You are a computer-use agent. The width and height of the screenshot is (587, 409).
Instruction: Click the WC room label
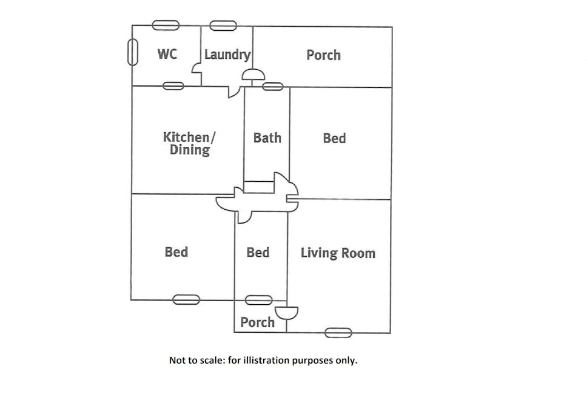167,54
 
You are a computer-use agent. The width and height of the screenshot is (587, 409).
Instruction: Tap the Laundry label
227,55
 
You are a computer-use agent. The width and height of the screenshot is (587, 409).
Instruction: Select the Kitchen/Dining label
189,143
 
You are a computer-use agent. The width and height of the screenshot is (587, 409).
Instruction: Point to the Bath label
267,138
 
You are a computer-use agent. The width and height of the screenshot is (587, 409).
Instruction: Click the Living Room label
338,253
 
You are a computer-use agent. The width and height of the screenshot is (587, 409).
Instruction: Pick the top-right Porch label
323,55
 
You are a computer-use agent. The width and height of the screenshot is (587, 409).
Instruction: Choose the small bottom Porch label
257,322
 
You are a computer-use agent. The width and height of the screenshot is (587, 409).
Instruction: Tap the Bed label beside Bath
334,138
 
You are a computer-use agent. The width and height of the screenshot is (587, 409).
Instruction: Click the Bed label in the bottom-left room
176,251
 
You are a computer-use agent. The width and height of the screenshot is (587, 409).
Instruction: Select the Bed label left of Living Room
258,252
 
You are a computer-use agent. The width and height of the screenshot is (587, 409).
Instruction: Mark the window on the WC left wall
132,52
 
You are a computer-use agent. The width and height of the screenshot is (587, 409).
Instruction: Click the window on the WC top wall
166,25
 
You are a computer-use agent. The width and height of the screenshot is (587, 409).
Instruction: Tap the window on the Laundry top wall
223,25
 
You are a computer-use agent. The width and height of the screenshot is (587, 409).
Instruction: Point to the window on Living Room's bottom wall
338,332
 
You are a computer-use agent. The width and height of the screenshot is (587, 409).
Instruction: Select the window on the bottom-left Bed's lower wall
186,299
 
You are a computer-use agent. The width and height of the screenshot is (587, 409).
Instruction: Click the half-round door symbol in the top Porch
253,75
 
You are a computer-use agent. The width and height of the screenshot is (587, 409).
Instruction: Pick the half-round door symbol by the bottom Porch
286,313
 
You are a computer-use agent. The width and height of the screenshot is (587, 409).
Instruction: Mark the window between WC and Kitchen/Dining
173,86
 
